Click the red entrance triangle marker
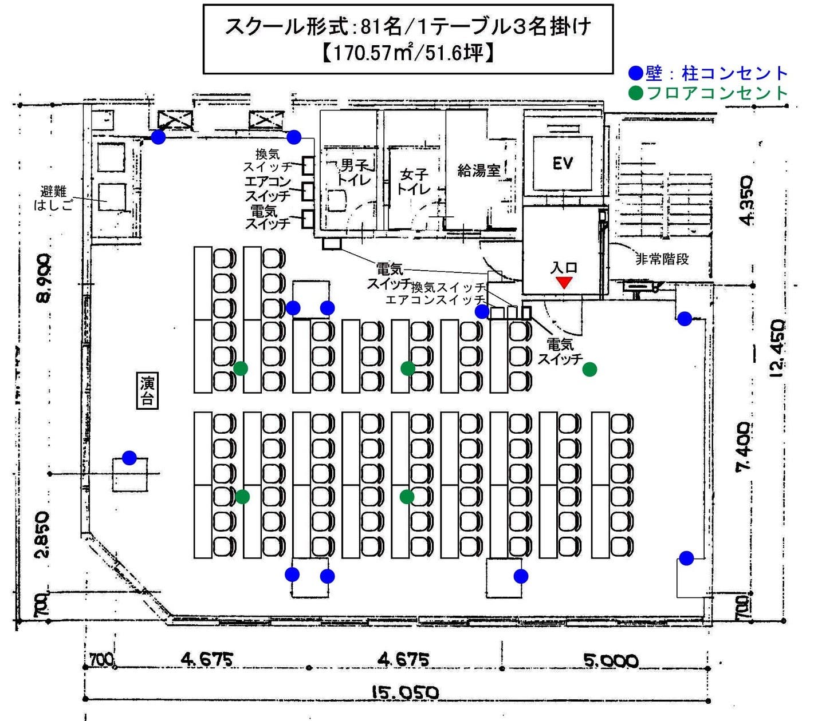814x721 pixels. pos(564,282)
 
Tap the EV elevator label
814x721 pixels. pos(563,164)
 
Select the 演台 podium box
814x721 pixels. pos(147,391)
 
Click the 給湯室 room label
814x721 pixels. pos(479,170)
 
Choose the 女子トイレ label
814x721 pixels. pos(414,180)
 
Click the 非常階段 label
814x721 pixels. pos(662,259)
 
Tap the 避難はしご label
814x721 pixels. pos(54,198)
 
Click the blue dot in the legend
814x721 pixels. pos(636,73)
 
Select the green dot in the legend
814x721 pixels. pos(636,93)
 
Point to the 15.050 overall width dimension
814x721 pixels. pos(404,693)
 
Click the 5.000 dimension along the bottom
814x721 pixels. pos(611,661)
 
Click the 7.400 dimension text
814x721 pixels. pos(744,447)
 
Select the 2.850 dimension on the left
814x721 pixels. pos(41,534)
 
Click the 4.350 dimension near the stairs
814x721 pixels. pos(746,200)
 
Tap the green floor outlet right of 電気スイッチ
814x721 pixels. pos(589,370)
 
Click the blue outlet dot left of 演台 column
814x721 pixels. pos(129,458)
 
